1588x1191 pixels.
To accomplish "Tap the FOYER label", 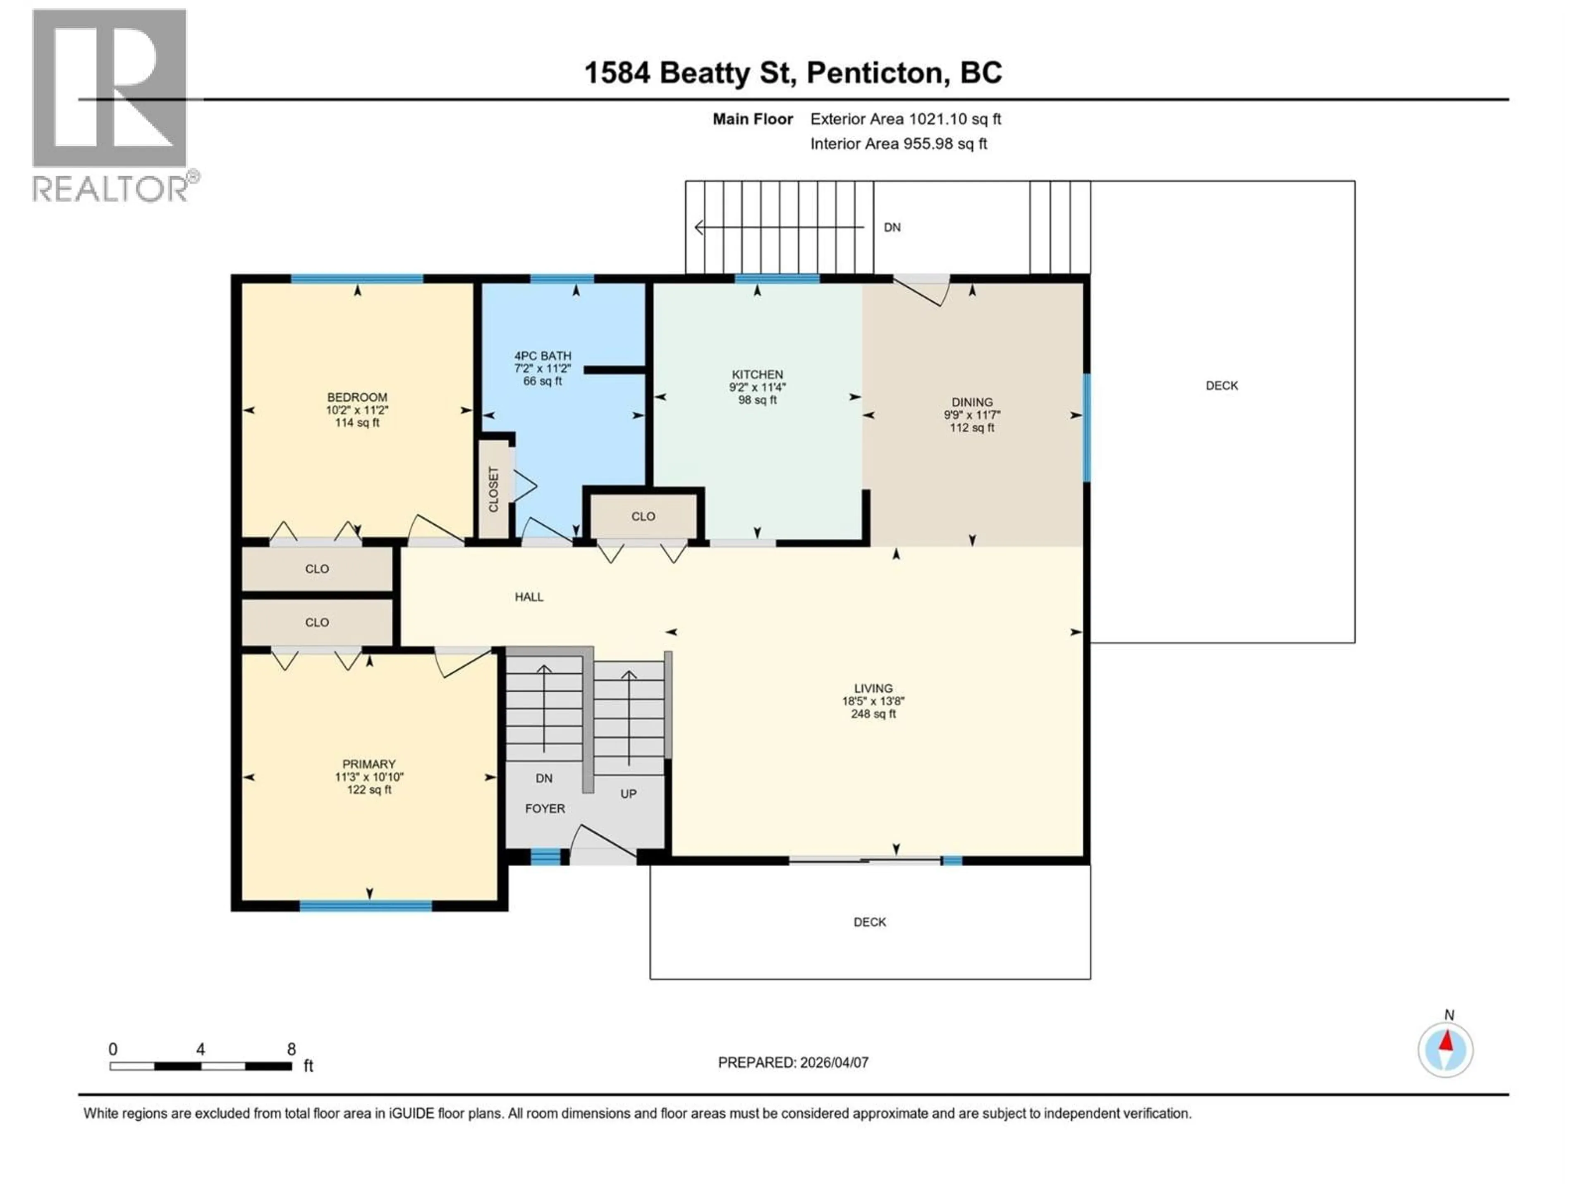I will point(545,809).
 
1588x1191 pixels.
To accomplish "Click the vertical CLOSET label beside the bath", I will point(494,490).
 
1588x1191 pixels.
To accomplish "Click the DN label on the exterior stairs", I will point(892,227).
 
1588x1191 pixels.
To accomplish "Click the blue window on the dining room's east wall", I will point(1086,428).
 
